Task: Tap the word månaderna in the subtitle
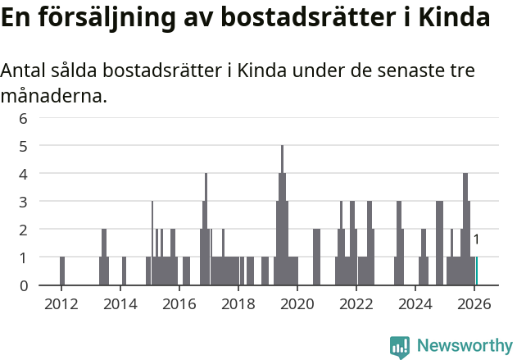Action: (54, 96)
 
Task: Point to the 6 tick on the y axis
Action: (24, 118)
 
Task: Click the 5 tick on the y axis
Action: (24, 146)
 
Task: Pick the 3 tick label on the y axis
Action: (24, 202)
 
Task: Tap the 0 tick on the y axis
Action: (24, 285)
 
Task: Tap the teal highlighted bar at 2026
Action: (476, 271)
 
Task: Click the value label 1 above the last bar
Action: (476, 239)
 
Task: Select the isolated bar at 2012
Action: (62, 271)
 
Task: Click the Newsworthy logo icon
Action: (400, 346)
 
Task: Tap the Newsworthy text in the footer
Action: (464, 346)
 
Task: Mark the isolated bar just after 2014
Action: (124, 271)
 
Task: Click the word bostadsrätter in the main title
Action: (292, 18)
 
